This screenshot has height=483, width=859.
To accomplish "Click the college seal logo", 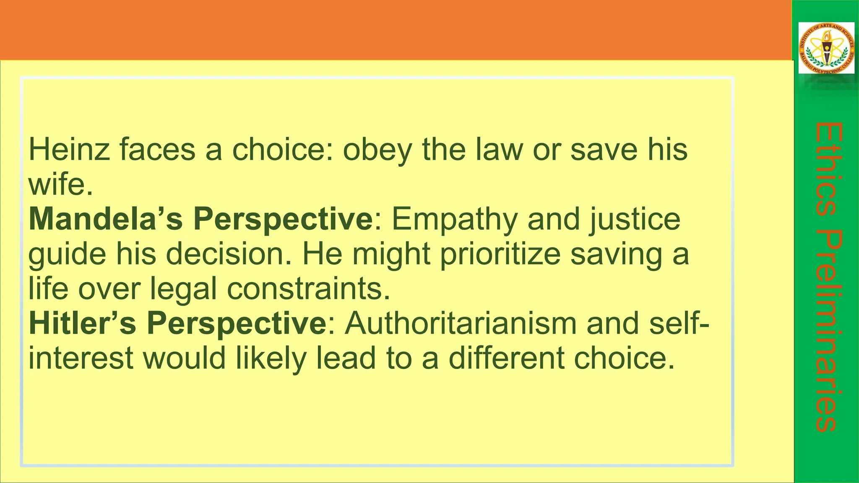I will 826,48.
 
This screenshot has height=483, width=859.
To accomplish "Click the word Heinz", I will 69,150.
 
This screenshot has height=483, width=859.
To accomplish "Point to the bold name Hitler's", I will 83,323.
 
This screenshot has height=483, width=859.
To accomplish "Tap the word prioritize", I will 500,254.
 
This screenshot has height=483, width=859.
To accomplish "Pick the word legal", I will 183,290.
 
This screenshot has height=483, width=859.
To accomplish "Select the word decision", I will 224,254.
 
